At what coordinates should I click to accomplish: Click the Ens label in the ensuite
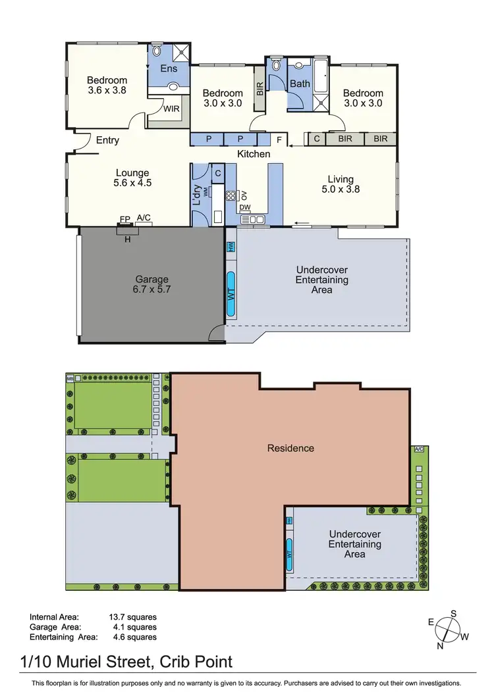click(x=169, y=68)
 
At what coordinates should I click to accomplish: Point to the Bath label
click(x=300, y=84)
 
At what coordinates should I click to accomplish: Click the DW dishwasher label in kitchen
click(x=245, y=207)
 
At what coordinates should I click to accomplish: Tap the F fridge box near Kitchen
click(x=279, y=139)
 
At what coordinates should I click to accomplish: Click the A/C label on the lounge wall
click(x=144, y=218)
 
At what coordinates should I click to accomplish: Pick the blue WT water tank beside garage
click(x=231, y=295)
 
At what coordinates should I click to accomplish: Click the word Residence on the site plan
click(x=290, y=449)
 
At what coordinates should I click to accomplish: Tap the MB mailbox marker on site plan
click(x=70, y=378)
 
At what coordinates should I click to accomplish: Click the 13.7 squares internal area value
click(x=132, y=617)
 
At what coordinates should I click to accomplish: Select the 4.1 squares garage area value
click(x=132, y=627)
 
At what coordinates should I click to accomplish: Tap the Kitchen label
click(x=254, y=154)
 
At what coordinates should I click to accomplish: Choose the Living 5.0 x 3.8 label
click(x=341, y=184)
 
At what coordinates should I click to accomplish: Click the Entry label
click(x=107, y=140)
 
